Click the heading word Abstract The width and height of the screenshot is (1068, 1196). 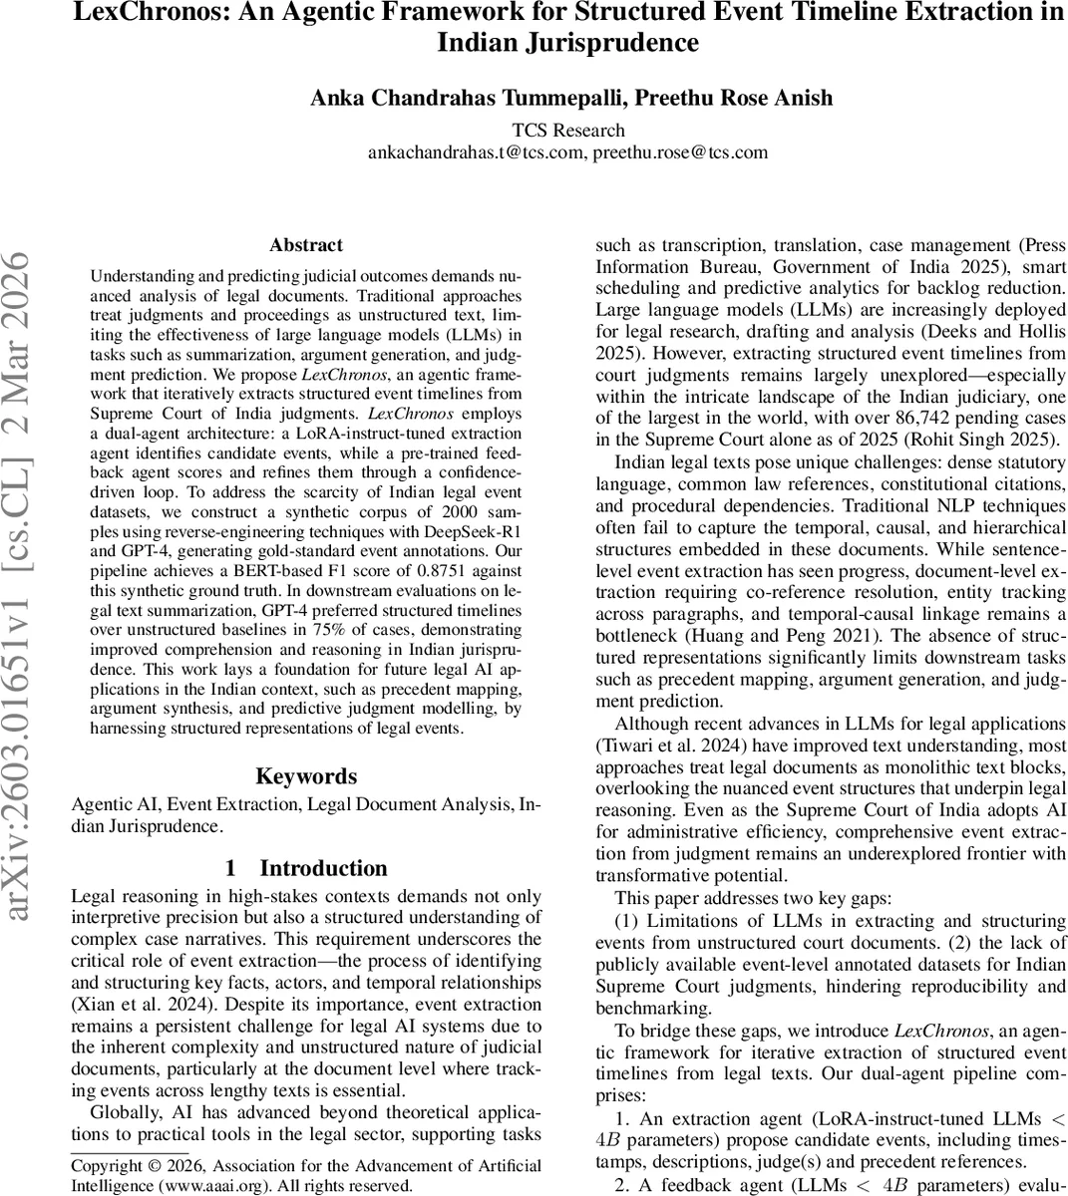point(306,245)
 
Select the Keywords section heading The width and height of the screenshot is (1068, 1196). point(306,776)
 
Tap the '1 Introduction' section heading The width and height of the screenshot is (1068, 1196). point(306,868)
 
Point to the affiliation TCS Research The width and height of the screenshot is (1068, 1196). point(568,131)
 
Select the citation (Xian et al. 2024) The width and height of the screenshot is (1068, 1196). point(131,1004)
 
